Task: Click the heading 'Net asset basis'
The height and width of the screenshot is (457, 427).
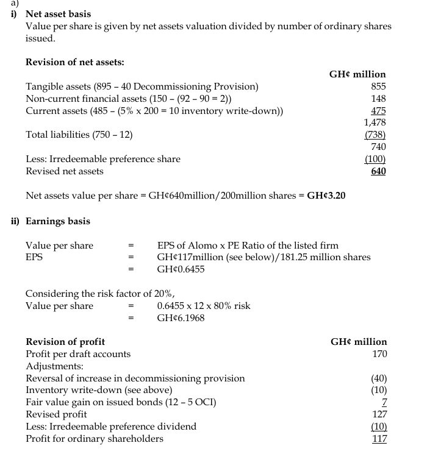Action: coord(58,13)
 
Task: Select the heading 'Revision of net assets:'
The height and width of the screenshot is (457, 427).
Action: coord(75,62)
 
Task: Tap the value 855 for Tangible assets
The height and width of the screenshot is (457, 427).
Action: coord(378,87)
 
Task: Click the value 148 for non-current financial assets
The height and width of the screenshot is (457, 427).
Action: coord(378,99)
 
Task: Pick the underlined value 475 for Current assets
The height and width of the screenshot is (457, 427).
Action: coord(378,111)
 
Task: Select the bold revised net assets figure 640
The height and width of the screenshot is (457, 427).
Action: coord(378,171)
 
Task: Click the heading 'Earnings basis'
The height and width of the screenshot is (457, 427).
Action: coord(58,221)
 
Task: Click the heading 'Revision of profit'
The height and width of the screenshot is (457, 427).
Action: coord(65,342)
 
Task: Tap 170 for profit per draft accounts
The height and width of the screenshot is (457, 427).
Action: coord(379,354)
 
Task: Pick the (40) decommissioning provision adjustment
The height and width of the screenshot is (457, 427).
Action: coord(379,378)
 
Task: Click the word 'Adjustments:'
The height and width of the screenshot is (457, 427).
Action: coord(55,366)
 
